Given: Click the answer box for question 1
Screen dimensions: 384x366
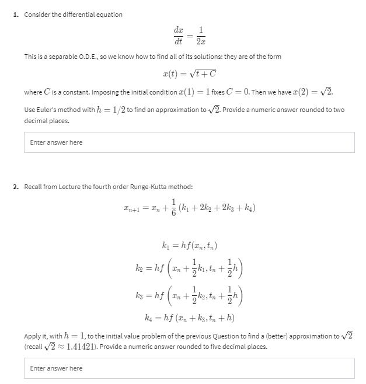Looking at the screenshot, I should (189, 142).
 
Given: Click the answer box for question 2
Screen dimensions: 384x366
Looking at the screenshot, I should (189, 368).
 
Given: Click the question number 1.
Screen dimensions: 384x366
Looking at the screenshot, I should (16, 15).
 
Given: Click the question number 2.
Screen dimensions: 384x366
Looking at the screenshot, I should (16, 187).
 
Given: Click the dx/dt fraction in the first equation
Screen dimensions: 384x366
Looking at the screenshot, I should (179, 35).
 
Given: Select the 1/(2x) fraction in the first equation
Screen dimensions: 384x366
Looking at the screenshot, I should (200, 35).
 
